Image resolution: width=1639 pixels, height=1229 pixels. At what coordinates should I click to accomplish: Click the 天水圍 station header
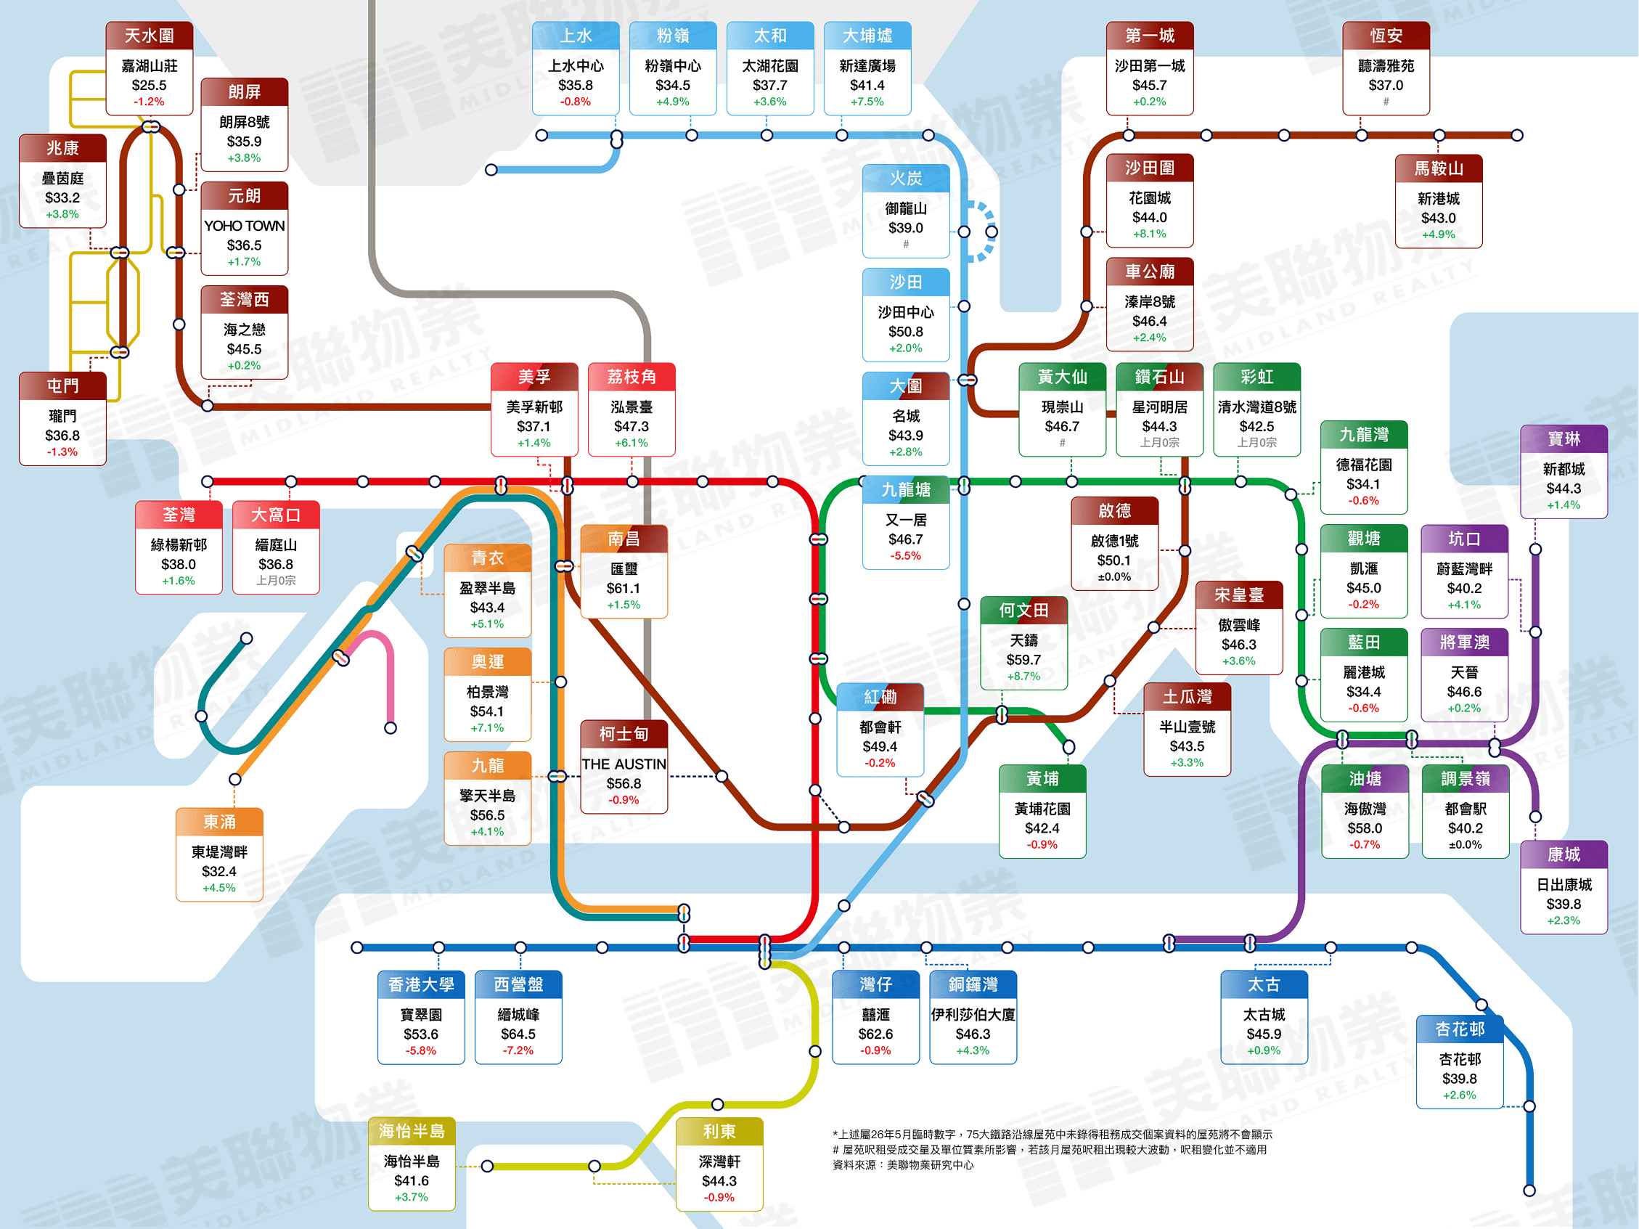[x=150, y=36]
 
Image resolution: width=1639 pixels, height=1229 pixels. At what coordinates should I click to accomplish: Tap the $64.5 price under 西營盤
[x=518, y=1034]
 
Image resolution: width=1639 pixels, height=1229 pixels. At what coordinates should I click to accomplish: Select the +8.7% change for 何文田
[x=1024, y=677]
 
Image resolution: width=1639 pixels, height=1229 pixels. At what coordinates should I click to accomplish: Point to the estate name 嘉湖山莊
[x=150, y=66]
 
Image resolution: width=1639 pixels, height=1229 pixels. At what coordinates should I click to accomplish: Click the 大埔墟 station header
[x=867, y=36]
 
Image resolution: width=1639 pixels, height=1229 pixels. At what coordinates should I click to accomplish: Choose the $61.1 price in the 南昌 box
[x=624, y=588]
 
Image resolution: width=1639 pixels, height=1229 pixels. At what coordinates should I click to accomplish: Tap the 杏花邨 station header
[x=1460, y=1029]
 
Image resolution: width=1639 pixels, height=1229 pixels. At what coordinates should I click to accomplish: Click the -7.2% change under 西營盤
[x=518, y=1050]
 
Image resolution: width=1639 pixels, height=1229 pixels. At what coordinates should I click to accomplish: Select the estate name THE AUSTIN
[x=624, y=764]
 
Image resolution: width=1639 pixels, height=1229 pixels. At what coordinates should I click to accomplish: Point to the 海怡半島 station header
[x=412, y=1131]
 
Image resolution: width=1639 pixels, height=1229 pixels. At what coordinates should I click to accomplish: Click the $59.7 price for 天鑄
[x=1024, y=659]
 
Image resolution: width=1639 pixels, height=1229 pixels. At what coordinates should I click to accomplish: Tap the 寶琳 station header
[x=1564, y=438]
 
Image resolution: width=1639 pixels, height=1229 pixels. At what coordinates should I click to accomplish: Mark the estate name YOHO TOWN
[x=245, y=225]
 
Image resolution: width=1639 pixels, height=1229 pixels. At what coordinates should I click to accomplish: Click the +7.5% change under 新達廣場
[x=867, y=102]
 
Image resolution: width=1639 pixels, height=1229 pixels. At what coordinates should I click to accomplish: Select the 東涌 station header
[x=219, y=822]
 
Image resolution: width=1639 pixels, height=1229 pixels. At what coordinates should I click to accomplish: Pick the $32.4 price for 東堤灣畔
[x=219, y=871]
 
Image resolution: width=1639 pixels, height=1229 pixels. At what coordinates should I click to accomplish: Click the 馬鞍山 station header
[x=1439, y=169]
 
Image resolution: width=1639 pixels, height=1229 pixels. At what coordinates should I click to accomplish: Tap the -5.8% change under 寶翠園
[x=421, y=1050]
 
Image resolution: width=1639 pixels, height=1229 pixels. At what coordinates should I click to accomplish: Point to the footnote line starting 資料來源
[x=903, y=1165]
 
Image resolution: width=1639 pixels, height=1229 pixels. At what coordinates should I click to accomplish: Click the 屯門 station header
[x=63, y=386]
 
